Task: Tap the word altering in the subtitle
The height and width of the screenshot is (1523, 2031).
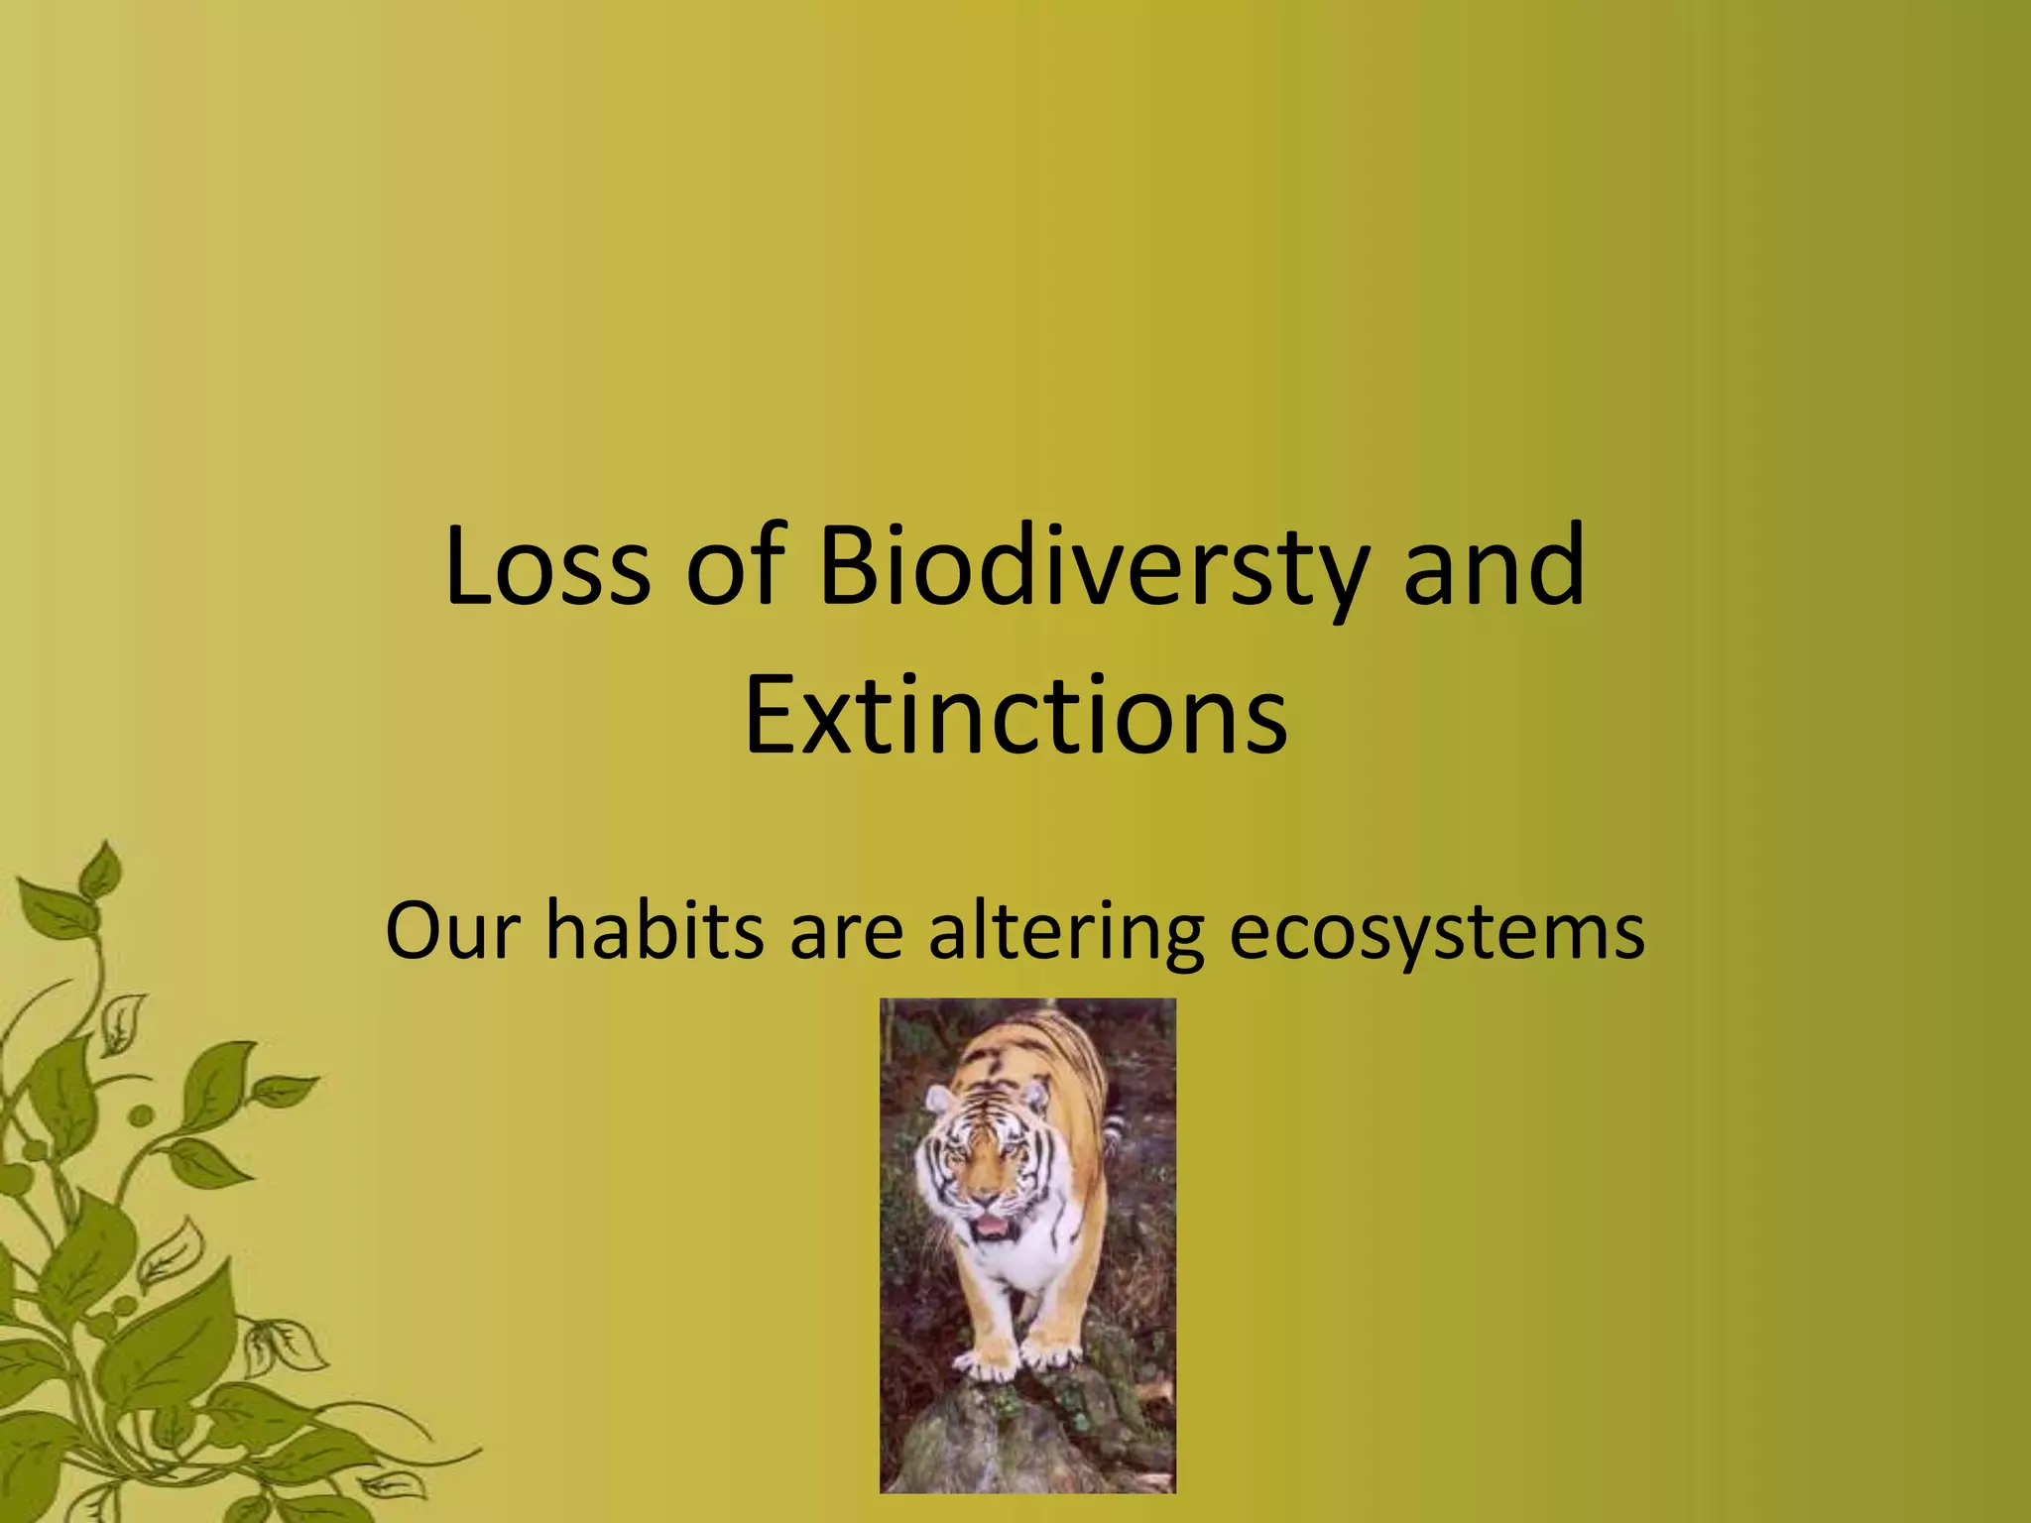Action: tap(1066, 932)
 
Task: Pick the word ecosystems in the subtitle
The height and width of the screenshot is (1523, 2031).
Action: tap(1437, 932)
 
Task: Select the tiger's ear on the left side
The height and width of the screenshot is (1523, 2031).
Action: tap(937, 1098)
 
